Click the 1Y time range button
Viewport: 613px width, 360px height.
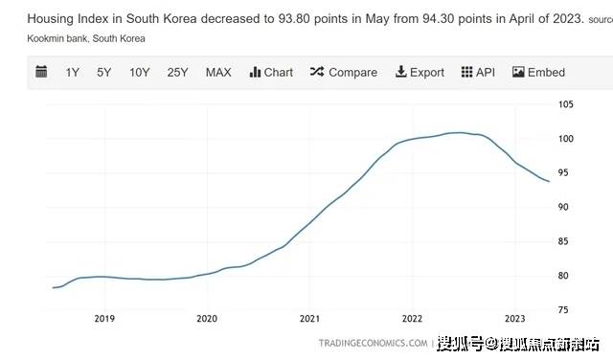[x=73, y=72]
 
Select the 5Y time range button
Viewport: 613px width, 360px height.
[x=104, y=72]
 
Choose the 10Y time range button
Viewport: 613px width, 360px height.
[x=140, y=72]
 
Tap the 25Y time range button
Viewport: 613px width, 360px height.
[x=177, y=72]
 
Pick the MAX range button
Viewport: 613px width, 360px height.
[x=218, y=72]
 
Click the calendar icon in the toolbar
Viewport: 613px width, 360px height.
[x=41, y=72]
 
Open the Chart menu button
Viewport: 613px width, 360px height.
[x=271, y=72]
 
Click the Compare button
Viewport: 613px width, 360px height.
[x=343, y=72]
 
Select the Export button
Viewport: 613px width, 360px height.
[x=419, y=72]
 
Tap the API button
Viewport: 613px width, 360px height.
[x=480, y=72]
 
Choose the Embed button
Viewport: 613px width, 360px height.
[x=538, y=72]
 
